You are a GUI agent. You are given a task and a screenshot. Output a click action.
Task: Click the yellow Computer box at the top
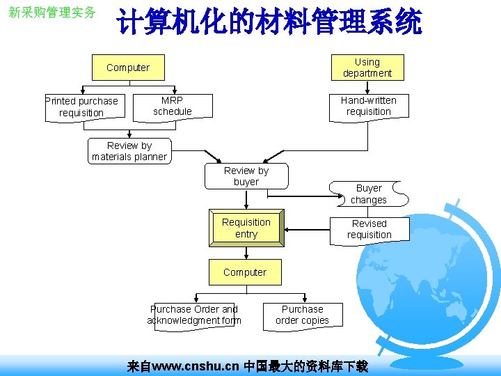tap(128, 68)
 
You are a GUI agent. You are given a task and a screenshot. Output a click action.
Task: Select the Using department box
tap(367, 68)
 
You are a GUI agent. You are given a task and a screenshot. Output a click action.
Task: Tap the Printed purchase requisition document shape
tap(81, 107)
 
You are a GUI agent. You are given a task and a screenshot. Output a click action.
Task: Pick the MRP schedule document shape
tap(173, 107)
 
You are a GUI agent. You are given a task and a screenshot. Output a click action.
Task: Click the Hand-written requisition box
tap(368, 107)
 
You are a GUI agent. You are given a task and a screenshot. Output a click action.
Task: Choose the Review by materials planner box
tap(129, 151)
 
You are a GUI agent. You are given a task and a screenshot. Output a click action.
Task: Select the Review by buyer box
tap(246, 176)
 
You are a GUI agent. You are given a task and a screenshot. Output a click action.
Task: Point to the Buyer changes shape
tap(369, 194)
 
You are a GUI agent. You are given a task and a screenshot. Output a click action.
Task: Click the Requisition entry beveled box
tap(246, 228)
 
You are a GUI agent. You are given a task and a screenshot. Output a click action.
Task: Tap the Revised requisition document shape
tap(369, 229)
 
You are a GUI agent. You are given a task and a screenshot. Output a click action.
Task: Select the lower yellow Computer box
tap(245, 272)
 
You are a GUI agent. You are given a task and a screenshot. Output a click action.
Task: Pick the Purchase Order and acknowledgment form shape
tap(194, 315)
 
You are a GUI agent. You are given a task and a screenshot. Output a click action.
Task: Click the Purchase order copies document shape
tap(302, 315)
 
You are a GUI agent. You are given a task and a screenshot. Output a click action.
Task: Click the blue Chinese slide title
tap(269, 22)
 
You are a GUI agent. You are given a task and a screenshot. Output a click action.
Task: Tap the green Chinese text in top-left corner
tap(51, 13)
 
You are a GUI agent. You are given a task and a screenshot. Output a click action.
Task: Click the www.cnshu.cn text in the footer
tap(196, 366)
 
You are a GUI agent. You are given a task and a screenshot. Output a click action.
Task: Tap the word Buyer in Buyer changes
tap(369, 188)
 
